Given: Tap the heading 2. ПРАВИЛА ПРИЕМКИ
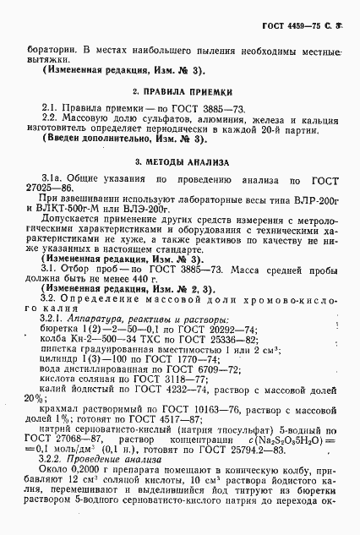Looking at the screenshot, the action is click(x=181, y=90).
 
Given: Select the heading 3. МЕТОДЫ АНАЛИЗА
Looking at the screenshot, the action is click(x=181, y=161).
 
